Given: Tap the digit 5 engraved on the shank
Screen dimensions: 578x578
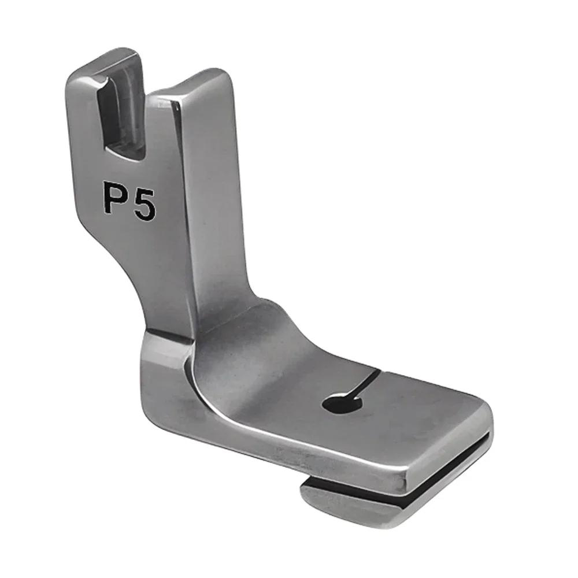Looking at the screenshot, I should point(144,206).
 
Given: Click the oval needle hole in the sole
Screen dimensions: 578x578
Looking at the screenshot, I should point(342,403).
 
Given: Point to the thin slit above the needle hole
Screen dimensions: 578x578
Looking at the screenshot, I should point(368,382).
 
